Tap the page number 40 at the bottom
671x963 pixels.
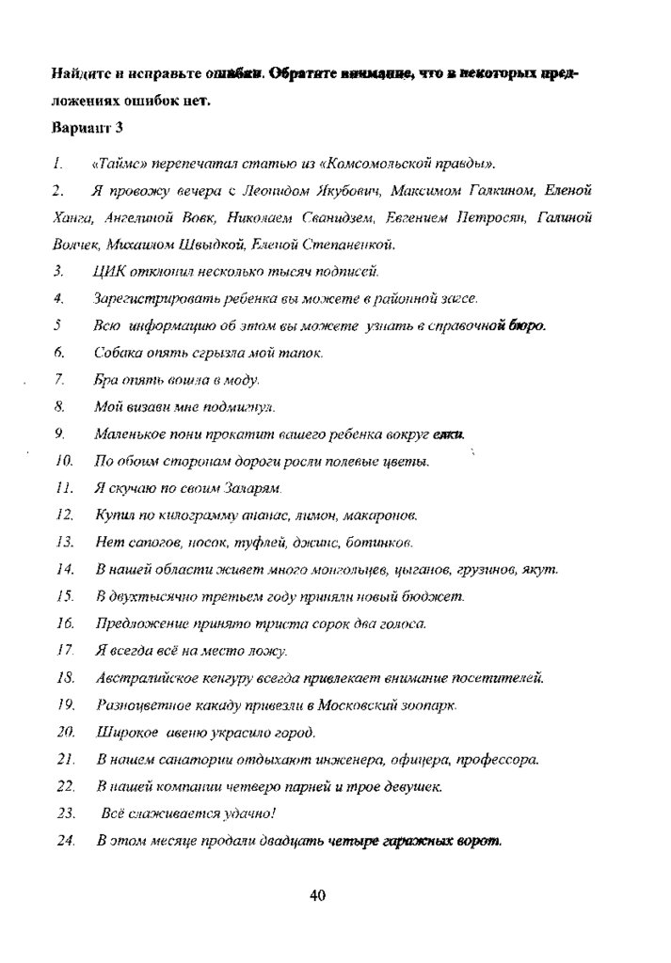point(317,895)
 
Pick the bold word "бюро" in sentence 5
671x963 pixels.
point(526,326)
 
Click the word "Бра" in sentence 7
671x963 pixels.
point(106,380)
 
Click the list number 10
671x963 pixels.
point(64,462)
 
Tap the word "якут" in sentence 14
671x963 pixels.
point(543,570)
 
